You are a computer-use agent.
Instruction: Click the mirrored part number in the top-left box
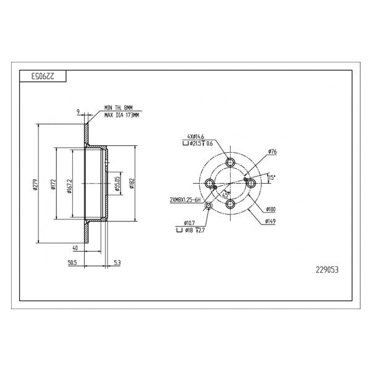[43, 76]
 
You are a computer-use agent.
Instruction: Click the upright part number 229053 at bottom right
[327, 270]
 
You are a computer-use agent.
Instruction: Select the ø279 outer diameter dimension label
[35, 184]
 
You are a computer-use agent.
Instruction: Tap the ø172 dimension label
[53, 184]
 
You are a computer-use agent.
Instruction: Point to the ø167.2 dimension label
[69, 186]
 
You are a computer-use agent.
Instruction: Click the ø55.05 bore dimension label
[117, 184]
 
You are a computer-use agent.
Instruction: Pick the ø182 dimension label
[132, 184]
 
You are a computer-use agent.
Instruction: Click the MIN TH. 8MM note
[119, 108]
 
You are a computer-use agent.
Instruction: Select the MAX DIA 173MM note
[122, 116]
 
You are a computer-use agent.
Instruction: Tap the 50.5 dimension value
[72, 263]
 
